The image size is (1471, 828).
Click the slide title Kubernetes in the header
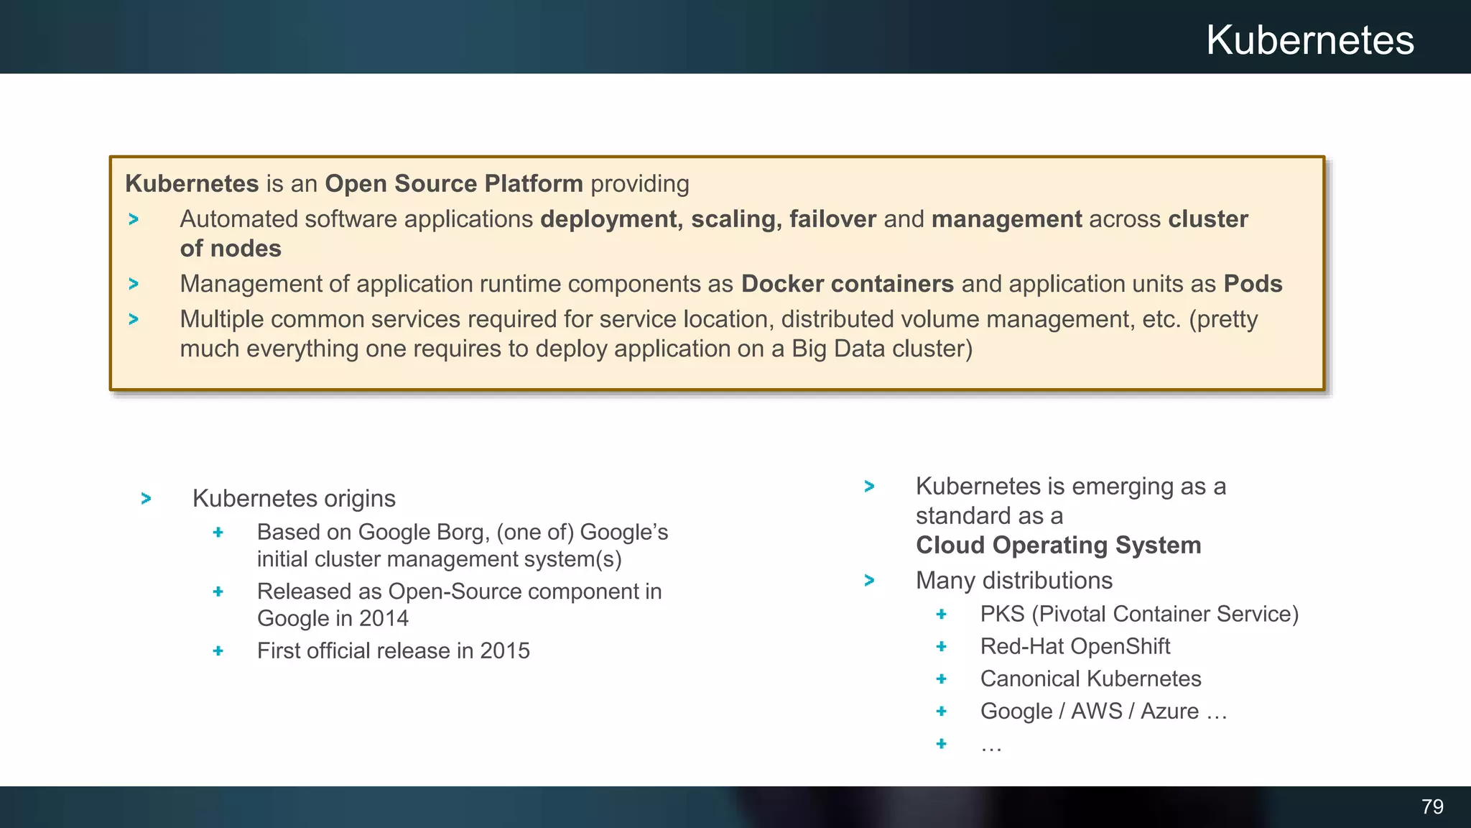pos(1309,40)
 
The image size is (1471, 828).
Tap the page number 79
pos(1432,806)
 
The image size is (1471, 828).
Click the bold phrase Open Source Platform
pos(453,184)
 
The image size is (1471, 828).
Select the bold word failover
pos(832,219)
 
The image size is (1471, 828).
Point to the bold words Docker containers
pos(847,284)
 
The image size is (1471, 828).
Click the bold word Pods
pos(1253,284)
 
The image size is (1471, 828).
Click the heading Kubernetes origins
pos(294,498)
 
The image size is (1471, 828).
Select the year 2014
pos(384,618)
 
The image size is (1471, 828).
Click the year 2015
pos(504,650)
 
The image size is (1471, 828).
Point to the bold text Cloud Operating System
pos(1058,546)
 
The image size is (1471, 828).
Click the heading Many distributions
pos(1013,580)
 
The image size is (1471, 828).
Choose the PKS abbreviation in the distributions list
pos(1002,614)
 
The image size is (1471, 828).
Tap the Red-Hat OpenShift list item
pos(1075,646)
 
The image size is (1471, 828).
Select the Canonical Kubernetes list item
pos(1090,678)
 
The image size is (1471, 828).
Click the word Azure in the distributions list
pos(1169,711)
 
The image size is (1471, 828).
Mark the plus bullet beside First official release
pos(218,650)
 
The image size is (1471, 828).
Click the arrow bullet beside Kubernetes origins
pos(147,498)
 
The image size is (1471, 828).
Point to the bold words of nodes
pos(231,249)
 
